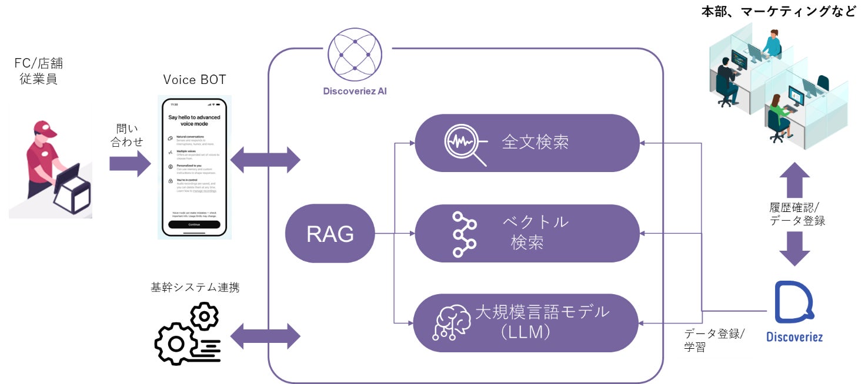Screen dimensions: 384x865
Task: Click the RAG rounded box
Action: [x=330, y=234]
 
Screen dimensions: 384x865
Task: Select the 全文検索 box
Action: [x=527, y=143]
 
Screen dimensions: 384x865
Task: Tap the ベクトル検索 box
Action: [x=527, y=233]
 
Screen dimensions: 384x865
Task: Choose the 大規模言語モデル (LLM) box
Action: [x=527, y=323]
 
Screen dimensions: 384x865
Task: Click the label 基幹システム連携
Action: [x=195, y=287]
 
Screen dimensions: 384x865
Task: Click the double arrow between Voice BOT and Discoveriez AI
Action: [x=265, y=159]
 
